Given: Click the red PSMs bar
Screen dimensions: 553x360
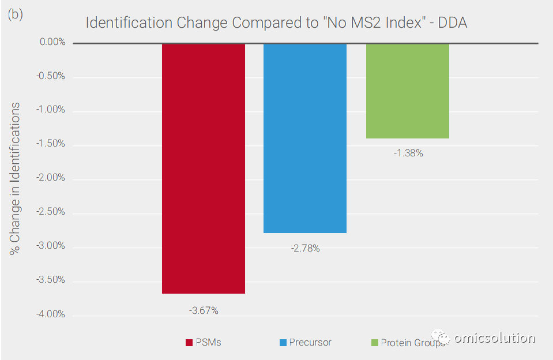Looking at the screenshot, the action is pos(204,168).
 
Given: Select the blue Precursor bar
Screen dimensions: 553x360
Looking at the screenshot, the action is pos(305,138).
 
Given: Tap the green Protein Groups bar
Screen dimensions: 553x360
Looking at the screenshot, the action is pos(408,91).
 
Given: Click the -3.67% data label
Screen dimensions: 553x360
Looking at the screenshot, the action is pos(204,310).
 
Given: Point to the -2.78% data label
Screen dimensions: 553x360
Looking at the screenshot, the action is pos(306,249).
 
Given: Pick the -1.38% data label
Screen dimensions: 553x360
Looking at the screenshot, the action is pos(408,153).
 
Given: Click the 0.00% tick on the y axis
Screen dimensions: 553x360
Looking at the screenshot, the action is pos(52,42).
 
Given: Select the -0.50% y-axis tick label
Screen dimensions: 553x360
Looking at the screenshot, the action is pos(50,76).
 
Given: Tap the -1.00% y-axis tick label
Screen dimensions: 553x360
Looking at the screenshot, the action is pos(50,110).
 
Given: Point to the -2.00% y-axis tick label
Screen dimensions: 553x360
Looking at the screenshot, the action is pos(50,178).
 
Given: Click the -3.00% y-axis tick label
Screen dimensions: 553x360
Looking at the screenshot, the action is pos(50,246).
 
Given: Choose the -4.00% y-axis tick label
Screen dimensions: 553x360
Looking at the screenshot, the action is pos(50,314).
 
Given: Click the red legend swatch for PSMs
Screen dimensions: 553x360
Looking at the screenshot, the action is pos(189,343).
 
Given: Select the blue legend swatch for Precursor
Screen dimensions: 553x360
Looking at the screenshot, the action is pos(283,343).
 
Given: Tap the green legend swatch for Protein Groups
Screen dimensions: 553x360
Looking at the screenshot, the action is pos(375,343).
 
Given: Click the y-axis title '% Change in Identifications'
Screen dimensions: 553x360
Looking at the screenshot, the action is pos(15,179).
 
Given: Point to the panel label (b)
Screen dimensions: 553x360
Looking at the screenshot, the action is pos(16,14).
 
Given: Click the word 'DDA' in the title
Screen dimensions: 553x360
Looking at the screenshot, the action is pos(453,23).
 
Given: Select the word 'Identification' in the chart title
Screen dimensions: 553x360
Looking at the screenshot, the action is pos(129,23).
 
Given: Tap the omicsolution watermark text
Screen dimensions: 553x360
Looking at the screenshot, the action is pos(494,338).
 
